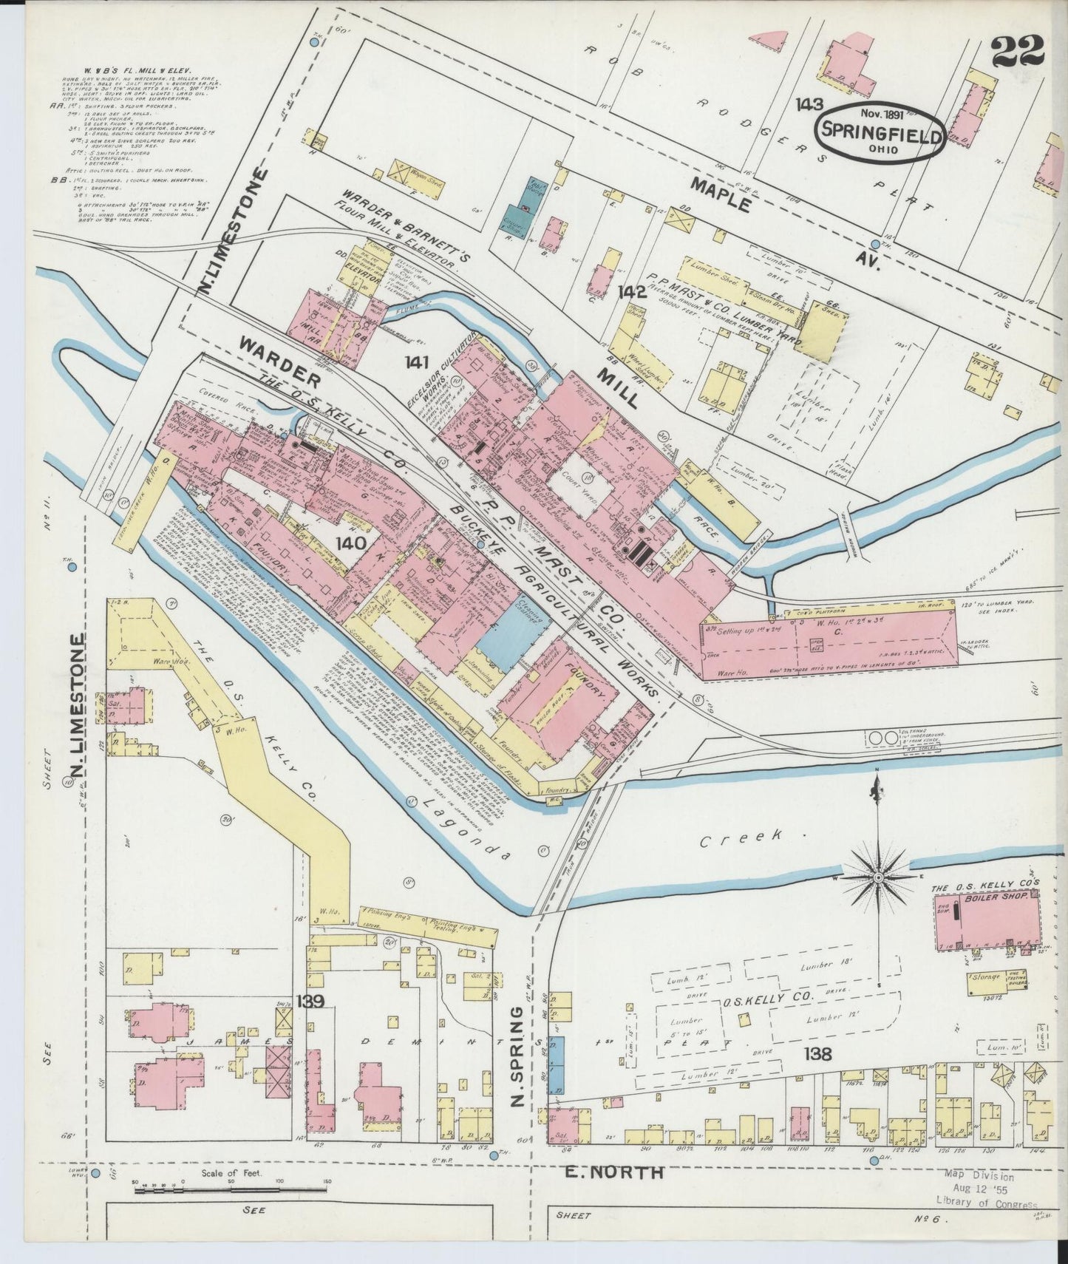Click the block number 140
pyautogui.click(x=350, y=543)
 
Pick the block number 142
pyautogui.click(x=633, y=292)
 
